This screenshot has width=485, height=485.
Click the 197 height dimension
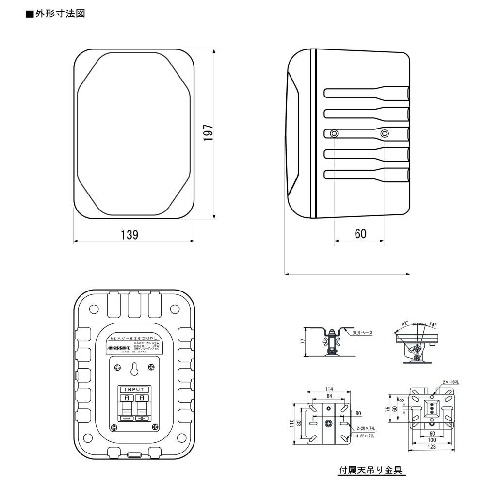click(208, 133)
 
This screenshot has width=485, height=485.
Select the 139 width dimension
click(129, 235)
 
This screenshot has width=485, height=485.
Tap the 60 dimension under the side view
click(360, 234)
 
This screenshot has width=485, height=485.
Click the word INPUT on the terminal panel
click(134, 390)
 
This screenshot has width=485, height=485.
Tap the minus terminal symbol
click(127, 418)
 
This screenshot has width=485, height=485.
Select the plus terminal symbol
click(142, 418)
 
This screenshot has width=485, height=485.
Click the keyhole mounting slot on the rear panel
click(134, 370)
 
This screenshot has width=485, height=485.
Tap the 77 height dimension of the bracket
click(303, 342)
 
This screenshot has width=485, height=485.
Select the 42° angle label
click(404, 323)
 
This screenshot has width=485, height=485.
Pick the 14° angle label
click(432, 325)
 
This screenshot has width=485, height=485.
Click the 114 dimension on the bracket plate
click(329, 389)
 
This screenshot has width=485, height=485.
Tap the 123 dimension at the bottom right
click(432, 447)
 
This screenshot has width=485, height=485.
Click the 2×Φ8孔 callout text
click(451, 383)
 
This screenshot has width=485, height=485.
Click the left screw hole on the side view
click(333, 133)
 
